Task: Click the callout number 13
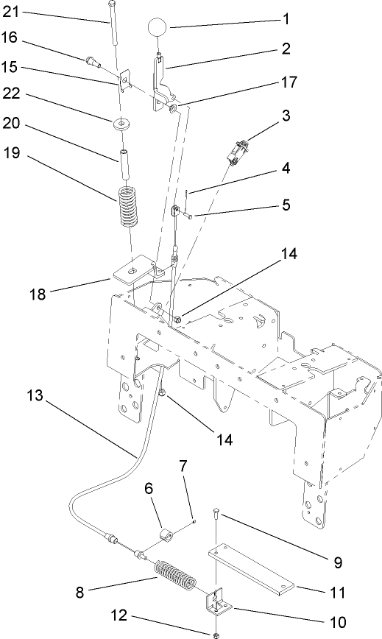click(x=35, y=396)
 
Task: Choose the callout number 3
click(x=285, y=116)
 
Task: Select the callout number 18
click(x=37, y=294)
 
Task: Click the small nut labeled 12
click(x=215, y=632)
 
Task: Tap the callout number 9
click(x=338, y=562)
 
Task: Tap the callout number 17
click(x=285, y=83)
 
